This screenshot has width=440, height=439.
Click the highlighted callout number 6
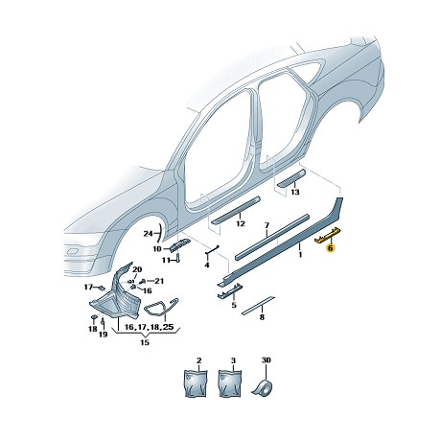[331, 247]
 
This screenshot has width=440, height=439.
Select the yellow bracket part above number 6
[328, 235]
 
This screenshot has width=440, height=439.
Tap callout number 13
[295, 192]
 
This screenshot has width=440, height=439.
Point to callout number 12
[240, 223]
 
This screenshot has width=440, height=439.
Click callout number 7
[266, 225]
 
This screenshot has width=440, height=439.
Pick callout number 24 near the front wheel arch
[148, 234]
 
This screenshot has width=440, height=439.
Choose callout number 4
[207, 265]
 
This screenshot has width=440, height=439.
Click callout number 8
[262, 317]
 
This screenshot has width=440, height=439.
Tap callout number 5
[234, 306]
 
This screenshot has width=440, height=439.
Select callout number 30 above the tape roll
[266, 360]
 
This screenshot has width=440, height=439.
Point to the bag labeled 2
[197, 383]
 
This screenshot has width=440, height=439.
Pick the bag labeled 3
[231, 383]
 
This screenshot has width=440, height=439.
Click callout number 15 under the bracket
[145, 342]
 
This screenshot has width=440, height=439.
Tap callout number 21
[159, 281]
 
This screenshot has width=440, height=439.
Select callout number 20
[136, 269]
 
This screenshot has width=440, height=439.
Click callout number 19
[103, 335]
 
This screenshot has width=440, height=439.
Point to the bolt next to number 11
[178, 257]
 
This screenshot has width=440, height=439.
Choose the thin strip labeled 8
[258, 305]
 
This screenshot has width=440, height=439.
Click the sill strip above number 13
[291, 178]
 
